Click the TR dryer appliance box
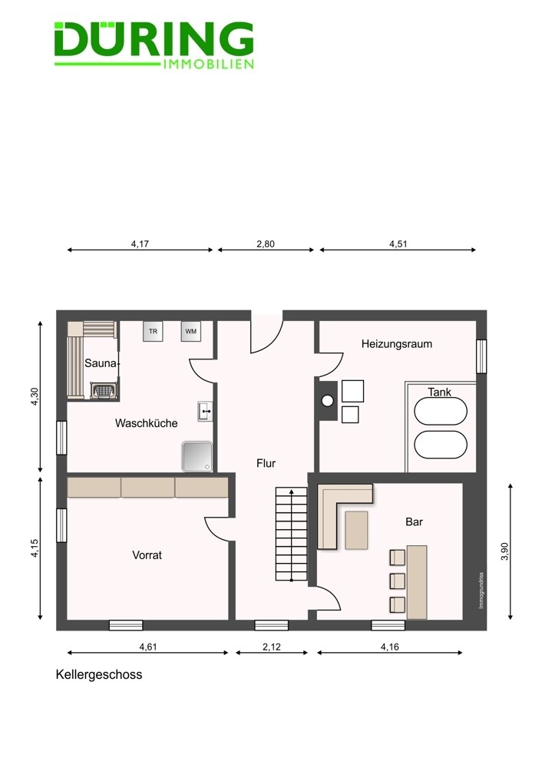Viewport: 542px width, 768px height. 153,331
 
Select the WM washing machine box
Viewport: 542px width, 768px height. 191,331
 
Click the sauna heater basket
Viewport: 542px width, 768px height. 104,391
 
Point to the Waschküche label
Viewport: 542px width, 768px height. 147,423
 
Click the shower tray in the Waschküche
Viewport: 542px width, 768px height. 197,456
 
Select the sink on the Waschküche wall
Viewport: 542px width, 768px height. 205,412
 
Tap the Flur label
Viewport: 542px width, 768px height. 266,463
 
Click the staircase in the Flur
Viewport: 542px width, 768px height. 292,534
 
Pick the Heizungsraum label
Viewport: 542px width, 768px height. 397,344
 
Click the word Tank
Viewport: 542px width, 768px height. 439,392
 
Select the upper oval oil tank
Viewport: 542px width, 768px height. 441,410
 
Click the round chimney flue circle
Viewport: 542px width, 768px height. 327,401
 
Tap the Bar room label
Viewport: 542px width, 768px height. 414,521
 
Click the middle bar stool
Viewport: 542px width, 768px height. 398,581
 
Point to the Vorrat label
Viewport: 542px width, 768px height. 147,555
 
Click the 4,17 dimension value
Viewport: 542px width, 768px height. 140,244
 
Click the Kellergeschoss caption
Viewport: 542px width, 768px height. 99,674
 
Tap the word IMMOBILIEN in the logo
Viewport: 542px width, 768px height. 208,65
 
